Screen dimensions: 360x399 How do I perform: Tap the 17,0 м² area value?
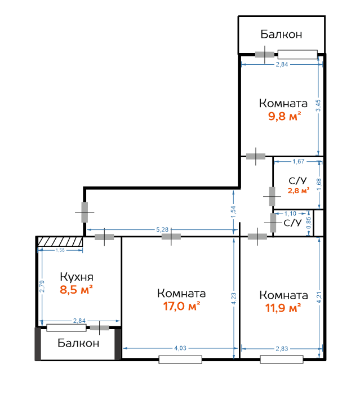click(x=181, y=306)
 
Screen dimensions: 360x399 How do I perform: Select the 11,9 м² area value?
click(x=283, y=308)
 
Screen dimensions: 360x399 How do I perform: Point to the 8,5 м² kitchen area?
click(x=76, y=290)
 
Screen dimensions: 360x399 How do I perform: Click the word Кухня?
click(x=77, y=277)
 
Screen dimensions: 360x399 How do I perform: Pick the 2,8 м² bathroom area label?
click(x=299, y=190)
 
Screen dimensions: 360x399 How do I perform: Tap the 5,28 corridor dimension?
click(x=162, y=229)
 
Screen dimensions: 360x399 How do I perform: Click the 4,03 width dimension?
click(x=180, y=348)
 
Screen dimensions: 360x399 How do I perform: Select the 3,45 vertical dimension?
click(x=318, y=105)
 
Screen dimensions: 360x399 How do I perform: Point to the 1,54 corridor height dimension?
click(x=233, y=212)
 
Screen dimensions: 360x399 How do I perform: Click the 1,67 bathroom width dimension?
click(x=299, y=161)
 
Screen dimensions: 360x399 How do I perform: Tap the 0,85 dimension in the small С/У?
click(x=308, y=223)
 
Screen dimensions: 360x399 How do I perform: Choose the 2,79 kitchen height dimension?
click(x=42, y=286)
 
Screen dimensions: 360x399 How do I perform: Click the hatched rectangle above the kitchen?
click(x=60, y=242)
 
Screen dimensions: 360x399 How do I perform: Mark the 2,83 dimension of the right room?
click(x=282, y=348)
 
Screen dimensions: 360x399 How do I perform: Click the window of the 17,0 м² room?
click(x=180, y=360)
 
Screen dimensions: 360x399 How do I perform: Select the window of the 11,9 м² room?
click(x=282, y=360)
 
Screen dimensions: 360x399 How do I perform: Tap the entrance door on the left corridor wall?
click(x=85, y=212)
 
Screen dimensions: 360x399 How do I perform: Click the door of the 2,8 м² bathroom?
click(x=272, y=197)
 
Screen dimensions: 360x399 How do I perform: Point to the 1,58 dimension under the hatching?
click(x=60, y=250)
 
